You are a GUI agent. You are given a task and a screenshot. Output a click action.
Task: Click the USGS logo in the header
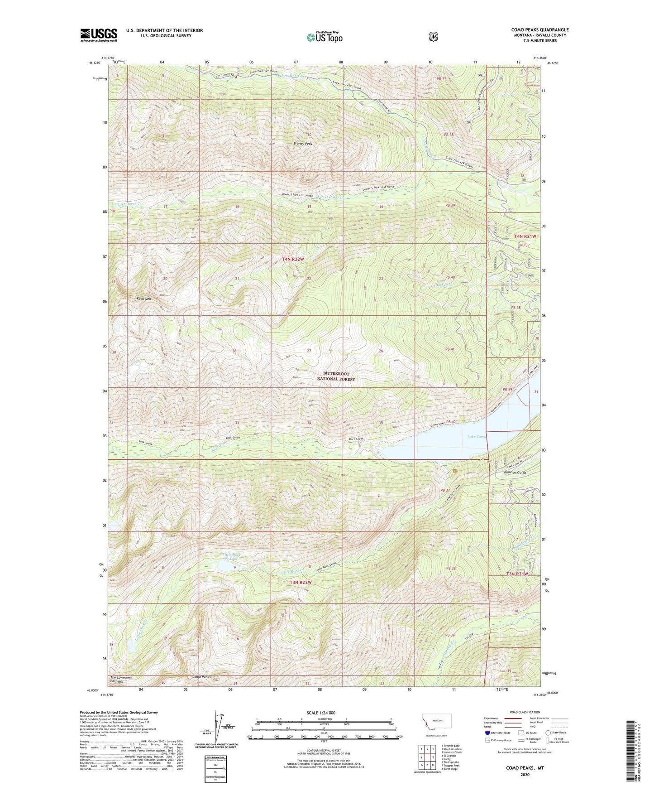[99, 35]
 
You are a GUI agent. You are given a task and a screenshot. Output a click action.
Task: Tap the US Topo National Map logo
[324, 37]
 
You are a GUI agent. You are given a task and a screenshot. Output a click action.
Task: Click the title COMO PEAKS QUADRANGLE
[540, 30]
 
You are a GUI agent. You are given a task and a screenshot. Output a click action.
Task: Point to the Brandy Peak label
[303, 144]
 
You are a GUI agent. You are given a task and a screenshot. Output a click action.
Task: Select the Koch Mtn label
[144, 299]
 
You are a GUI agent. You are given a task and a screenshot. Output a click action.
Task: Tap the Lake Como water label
[476, 436]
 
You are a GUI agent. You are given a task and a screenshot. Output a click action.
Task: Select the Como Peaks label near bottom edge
[201, 677]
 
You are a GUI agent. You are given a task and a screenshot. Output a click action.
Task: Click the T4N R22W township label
[293, 259]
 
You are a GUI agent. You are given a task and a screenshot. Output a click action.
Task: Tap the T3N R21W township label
[516, 574]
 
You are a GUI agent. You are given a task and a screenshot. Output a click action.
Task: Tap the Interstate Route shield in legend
[487, 733]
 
